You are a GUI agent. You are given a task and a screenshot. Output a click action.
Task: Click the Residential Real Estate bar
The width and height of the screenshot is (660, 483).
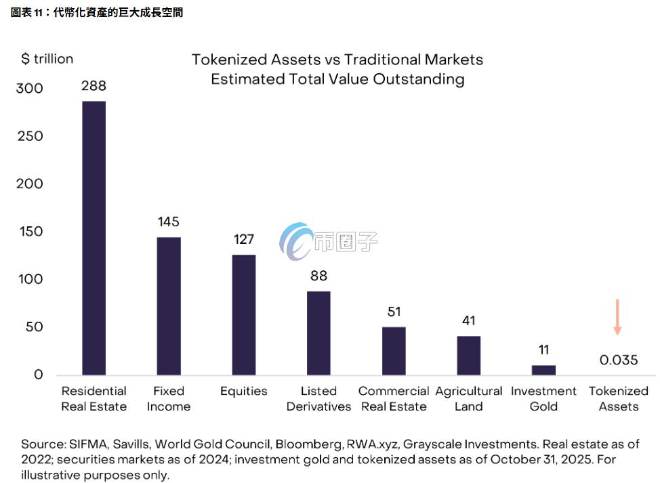point(94,238)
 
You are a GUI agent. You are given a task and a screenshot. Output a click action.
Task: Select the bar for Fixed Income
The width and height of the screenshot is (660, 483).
point(169,306)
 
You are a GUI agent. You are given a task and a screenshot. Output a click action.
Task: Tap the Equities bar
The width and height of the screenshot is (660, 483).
point(244,314)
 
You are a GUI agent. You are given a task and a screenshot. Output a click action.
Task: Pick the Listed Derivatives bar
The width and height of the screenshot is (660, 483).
point(318,333)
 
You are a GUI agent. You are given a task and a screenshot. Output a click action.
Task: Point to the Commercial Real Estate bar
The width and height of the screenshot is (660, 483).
point(394,350)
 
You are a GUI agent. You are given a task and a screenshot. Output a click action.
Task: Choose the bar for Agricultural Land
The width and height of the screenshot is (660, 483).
point(468,355)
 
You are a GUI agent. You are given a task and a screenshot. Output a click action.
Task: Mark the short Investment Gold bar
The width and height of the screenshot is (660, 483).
point(543,370)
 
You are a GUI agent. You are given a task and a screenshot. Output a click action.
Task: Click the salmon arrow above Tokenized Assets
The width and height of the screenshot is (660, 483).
point(617,317)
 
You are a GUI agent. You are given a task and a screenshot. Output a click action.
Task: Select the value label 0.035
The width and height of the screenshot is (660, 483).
point(619,360)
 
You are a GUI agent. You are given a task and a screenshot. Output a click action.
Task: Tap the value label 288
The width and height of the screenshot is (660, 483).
point(94,86)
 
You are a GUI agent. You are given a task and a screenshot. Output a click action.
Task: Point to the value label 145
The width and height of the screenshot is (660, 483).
point(168,222)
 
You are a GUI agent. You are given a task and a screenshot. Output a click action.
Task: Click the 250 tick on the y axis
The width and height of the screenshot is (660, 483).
point(29,136)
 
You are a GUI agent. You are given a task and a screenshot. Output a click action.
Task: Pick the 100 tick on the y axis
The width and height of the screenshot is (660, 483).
point(29,279)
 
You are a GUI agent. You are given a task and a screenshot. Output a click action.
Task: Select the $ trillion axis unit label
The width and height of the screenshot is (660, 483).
point(47,59)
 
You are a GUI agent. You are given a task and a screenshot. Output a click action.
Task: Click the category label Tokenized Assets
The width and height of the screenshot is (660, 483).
point(618,398)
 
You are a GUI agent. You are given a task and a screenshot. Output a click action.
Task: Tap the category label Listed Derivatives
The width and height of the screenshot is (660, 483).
point(318,398)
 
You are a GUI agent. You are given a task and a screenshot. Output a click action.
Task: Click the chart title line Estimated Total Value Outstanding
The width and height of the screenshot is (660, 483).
point(337,79)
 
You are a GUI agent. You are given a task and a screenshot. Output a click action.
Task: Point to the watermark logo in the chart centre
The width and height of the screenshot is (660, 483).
point(298,240)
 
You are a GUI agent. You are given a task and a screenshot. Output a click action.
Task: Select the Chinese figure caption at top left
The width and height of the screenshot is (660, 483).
point(96,12)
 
